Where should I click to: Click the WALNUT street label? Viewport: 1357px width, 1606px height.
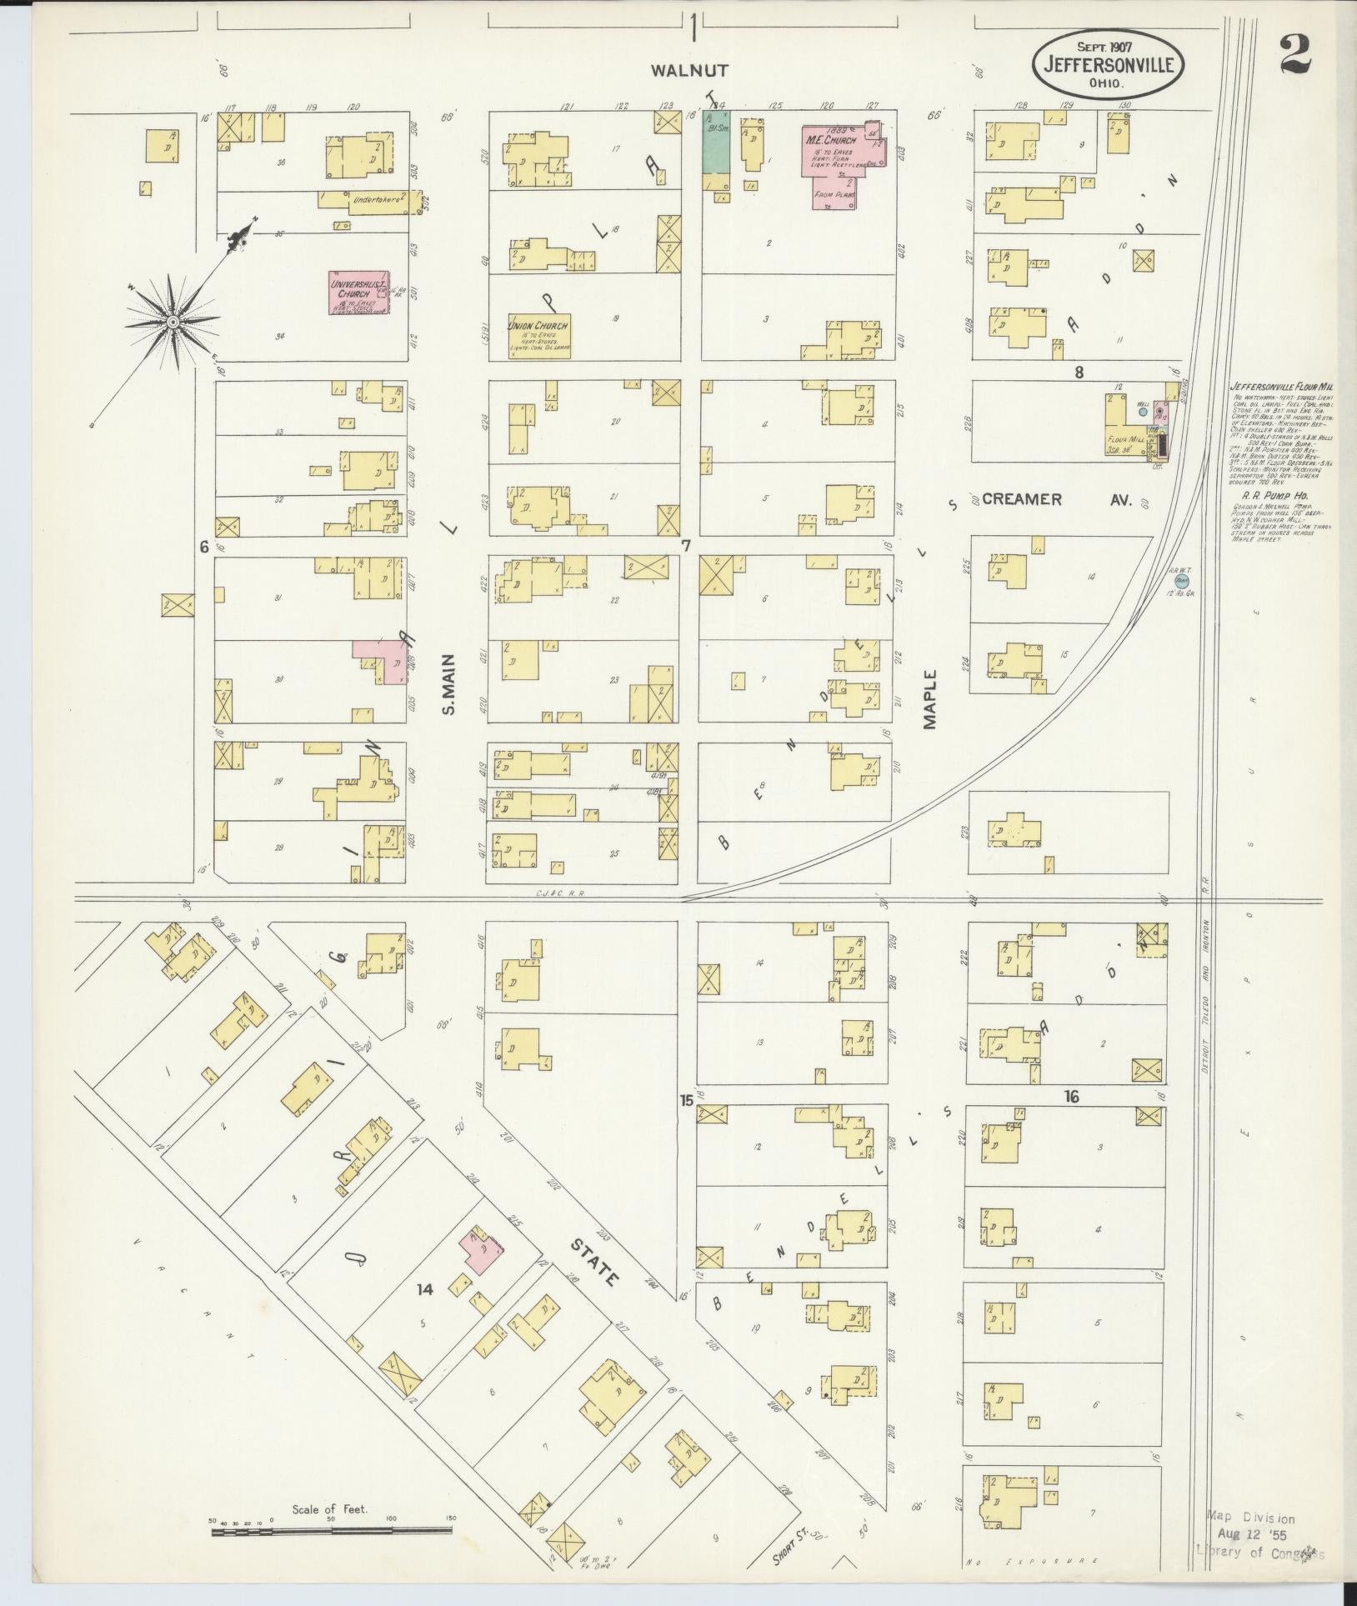(x=691, y=71)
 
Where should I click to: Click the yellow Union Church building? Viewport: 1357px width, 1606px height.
(x=539, y=335)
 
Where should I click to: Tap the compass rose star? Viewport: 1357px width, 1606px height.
(x=172, y=322)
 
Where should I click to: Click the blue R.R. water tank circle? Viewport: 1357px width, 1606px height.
(x=1181, y=579)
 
